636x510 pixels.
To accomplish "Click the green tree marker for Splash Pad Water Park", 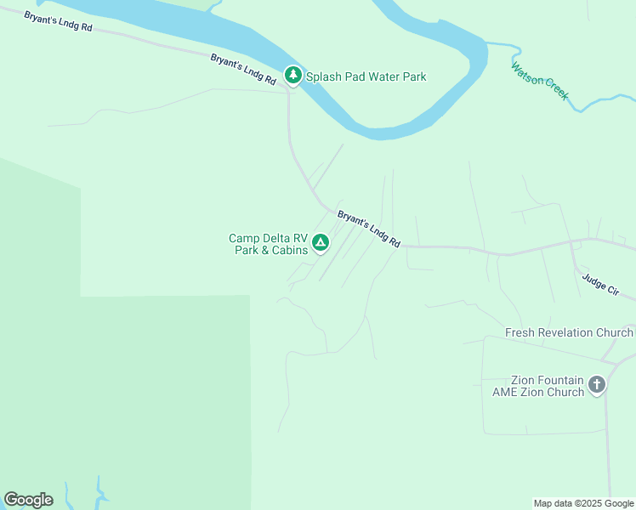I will click(x=293, y=76).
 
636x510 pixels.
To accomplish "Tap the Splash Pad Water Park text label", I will click(x=366, y=76).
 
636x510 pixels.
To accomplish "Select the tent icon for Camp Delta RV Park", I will click(x=321, y=244).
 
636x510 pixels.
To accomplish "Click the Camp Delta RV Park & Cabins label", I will click(x=268, y=244).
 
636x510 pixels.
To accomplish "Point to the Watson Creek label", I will click(x=540, y=82).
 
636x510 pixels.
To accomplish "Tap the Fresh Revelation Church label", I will click(x=569, y=332).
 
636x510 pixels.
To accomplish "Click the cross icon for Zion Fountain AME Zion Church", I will click(x=597, y=385).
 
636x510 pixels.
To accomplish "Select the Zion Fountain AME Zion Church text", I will click(x=538, y=386).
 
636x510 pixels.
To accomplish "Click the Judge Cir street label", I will click(x=608, y=286).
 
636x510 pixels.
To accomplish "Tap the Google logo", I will click(x=28, y=500).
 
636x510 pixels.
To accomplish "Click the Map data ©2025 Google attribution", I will click(x=584, y=503).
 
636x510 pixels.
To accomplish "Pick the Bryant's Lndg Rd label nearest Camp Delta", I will click(x=369, y=229).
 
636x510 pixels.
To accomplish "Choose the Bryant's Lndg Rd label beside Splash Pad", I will click(x=244, y=69).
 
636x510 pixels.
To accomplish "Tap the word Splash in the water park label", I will click(x=323, y=76).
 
